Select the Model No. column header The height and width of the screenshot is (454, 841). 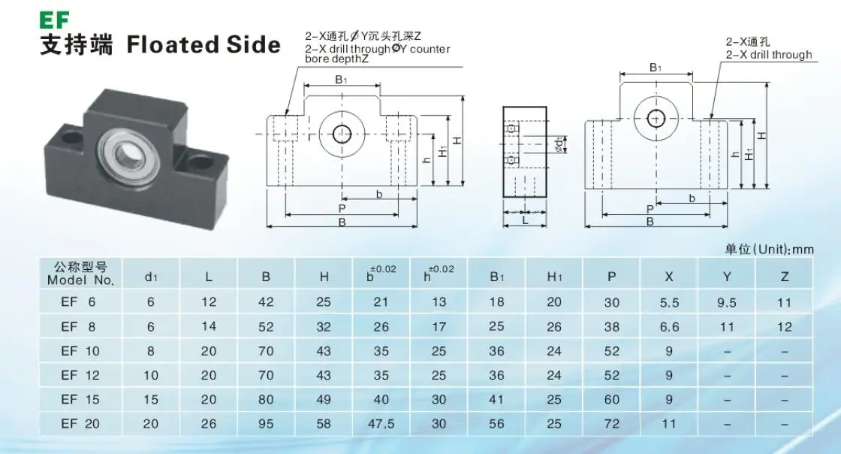80,274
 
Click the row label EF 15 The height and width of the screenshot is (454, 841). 80,399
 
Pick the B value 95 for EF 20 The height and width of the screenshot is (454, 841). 266,424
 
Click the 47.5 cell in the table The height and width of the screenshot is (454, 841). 382,424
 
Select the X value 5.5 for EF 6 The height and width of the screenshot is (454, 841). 669,301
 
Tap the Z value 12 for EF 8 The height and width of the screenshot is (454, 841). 785,326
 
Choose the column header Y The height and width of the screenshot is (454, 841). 727,277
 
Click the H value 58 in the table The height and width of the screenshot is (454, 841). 324,424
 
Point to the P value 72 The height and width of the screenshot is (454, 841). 612,424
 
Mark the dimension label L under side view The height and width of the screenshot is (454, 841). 525,220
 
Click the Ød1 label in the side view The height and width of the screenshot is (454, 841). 559,144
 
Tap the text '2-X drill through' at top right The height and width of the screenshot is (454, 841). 769,55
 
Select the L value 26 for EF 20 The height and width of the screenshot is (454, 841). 209,424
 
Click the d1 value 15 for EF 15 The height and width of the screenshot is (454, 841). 151,399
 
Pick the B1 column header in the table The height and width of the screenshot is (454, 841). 496,277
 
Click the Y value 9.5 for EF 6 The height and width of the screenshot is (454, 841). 727,301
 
